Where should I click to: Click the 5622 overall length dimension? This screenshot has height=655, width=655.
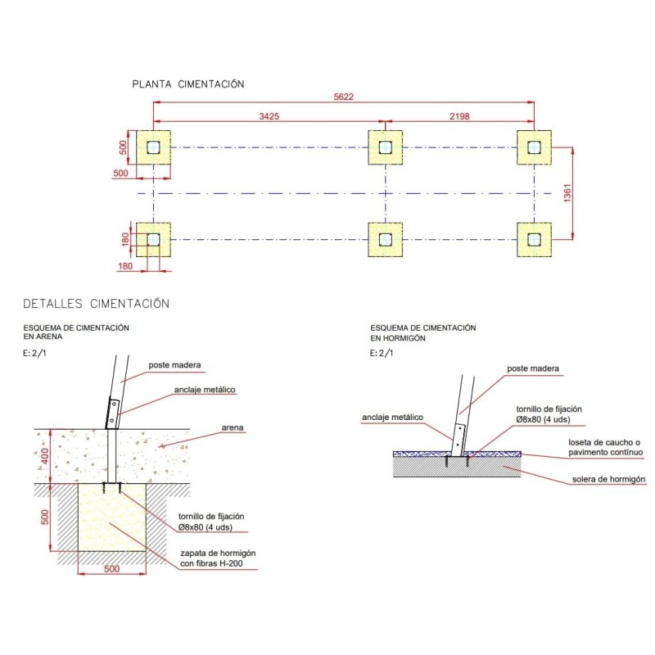point(343,97)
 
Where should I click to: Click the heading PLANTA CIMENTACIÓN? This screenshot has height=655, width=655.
point(188,84)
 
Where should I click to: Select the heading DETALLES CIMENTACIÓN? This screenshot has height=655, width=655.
point(96,304)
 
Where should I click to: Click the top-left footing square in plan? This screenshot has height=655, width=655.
point(153,147)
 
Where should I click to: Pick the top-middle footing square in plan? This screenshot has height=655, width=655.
point(385,147)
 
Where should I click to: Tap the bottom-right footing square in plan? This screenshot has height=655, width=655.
point(535,239)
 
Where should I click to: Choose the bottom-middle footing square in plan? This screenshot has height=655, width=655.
point(385,239)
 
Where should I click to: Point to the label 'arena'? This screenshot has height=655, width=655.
point(235,427)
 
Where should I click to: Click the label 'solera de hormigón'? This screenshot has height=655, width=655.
point(608,479)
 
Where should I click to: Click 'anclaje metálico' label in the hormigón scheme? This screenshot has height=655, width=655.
point(392,418)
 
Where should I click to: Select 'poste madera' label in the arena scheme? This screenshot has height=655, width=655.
point(174,365)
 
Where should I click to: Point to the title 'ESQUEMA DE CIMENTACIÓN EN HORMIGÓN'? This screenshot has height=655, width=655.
point(422,332)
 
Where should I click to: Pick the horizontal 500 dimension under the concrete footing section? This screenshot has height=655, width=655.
point(111,568)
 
